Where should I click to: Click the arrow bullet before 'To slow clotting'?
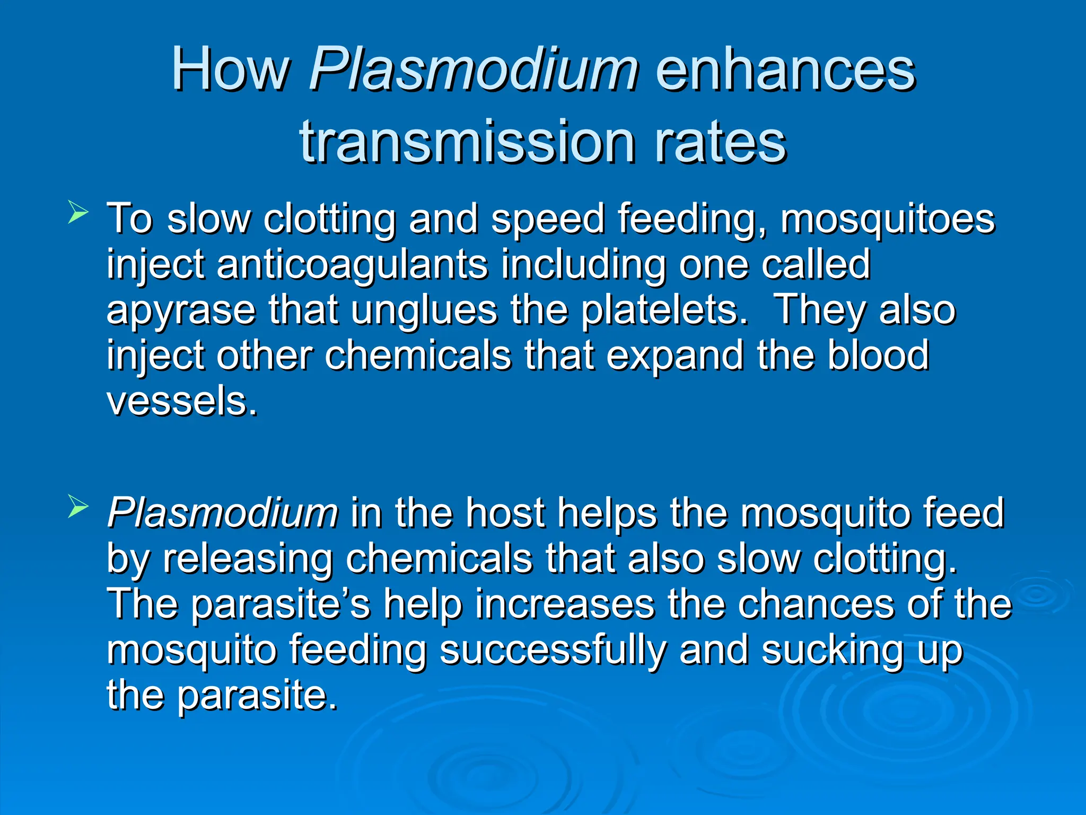pos(78,213)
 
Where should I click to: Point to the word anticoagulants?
pos(352,264)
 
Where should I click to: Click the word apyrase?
pos(181,311)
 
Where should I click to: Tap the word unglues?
pos(424,310)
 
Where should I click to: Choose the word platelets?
pos(664,310)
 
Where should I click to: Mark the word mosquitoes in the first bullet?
pos(887,219)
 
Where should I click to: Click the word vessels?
pos(182,401)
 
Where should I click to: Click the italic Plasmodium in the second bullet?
pos(222,513)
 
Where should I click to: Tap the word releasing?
pos(248,559)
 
